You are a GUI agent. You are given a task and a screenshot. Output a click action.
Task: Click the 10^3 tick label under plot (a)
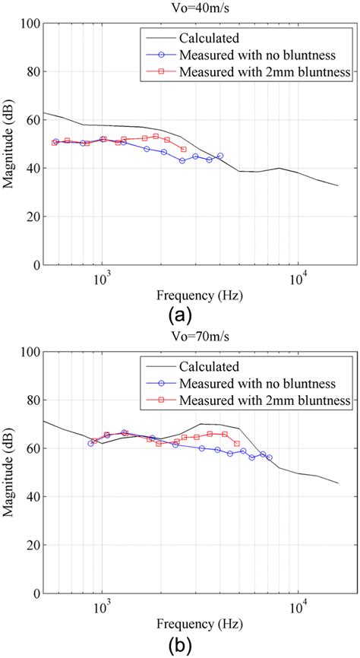click(x=103, y=276)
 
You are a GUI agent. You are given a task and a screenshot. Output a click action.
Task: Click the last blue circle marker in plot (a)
click(x=220, y=156)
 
